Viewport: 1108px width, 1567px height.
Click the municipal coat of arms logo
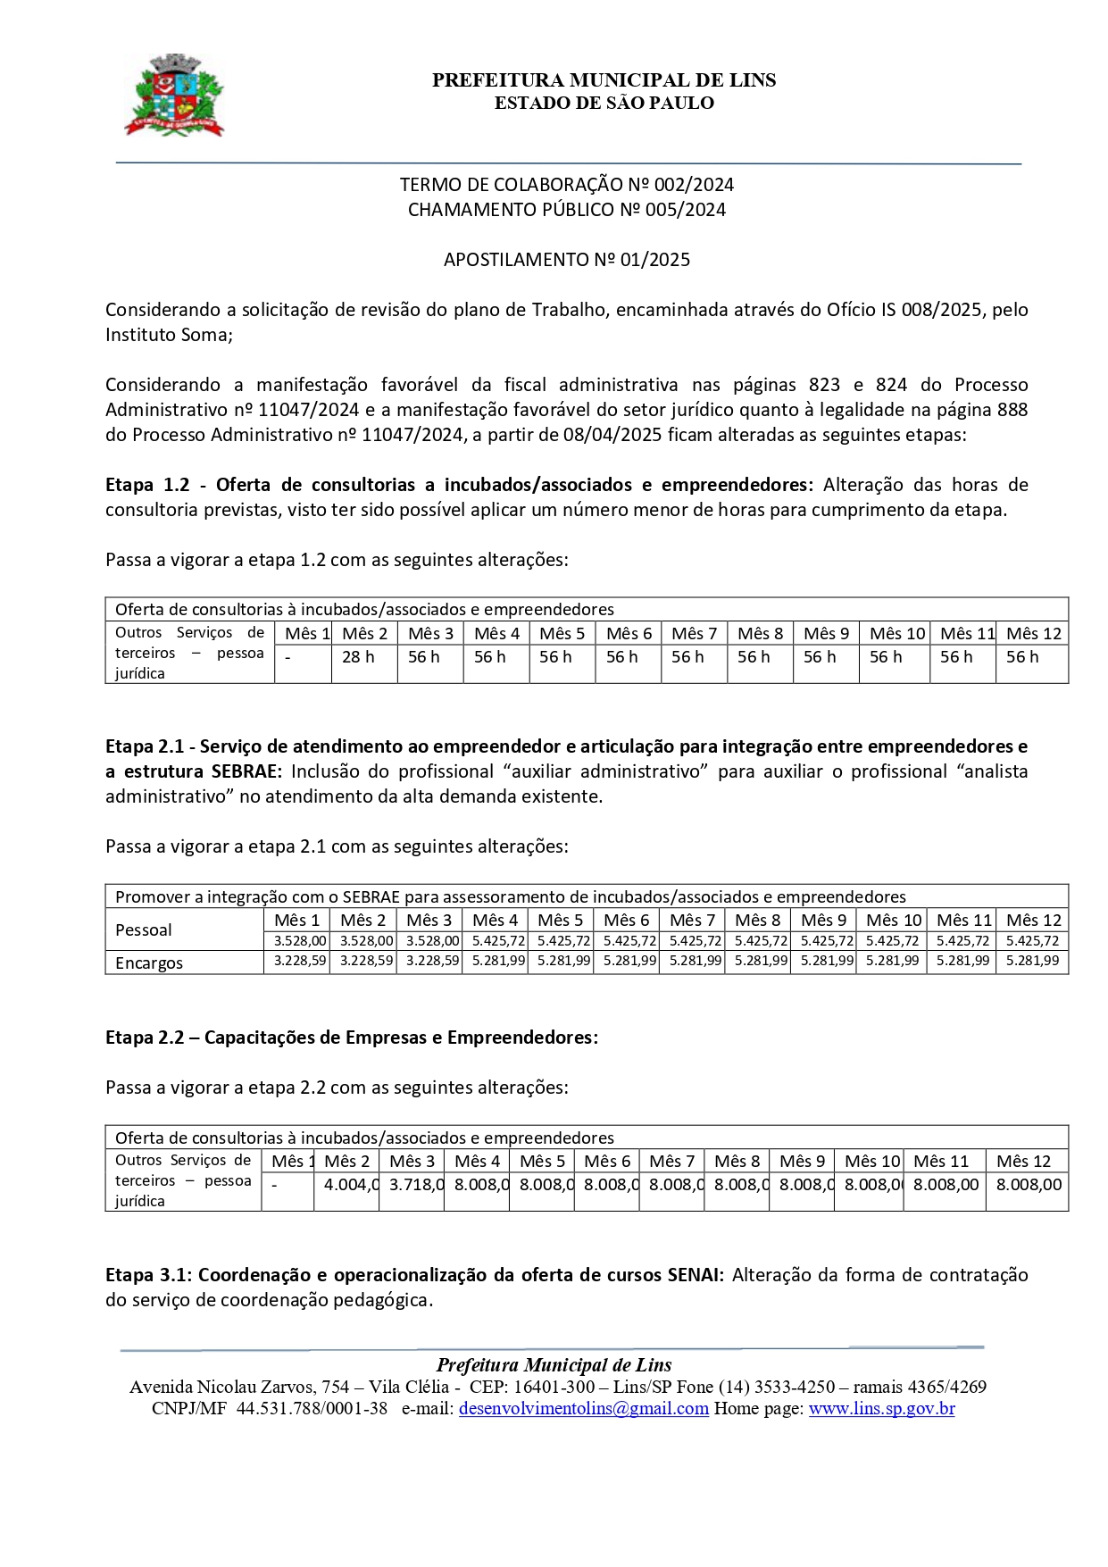pos(174,96)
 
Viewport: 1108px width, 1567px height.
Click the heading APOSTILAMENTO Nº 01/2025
pos(567,260)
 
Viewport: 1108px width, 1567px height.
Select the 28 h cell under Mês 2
pos(358,657)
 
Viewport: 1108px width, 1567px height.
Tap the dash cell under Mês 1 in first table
pos(287,657)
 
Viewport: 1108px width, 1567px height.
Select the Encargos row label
pos(149,963)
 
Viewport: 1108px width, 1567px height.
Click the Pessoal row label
pos(144,930)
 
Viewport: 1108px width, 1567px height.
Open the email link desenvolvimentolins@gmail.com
pos(583,1409)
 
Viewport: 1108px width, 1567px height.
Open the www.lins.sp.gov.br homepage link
pos(881,1409)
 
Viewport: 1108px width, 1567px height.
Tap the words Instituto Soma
pos(167,335)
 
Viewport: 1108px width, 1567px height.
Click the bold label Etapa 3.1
pos(146,1275)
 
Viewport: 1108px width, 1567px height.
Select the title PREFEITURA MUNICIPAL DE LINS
pos(604,80)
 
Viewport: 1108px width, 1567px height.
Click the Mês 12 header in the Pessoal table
pos(1033,920)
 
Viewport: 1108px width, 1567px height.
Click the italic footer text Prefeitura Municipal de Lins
pos(554,1365)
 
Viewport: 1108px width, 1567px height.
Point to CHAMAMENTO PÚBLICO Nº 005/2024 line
pos(567,210)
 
